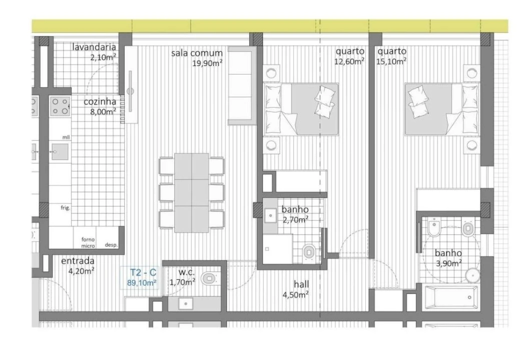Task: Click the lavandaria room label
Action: [94, 47]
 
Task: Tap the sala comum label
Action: [197, 53]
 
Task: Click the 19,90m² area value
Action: [207, 62]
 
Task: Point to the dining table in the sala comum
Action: [192, 192]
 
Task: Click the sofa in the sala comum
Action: [240, 85]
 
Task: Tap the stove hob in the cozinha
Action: [60, 106]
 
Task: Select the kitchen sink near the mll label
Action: [60, 152]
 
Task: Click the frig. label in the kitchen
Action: [66, 208]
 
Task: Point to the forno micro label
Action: [88, 242]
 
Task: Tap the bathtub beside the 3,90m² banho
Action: [451, 296]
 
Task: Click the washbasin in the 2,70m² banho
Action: [270, 215]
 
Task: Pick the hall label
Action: [301, 284]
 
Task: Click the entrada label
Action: [78, 261]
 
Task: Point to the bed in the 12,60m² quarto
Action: [301, 109]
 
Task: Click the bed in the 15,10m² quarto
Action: [442, 109]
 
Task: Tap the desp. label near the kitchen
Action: [112, 245]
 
